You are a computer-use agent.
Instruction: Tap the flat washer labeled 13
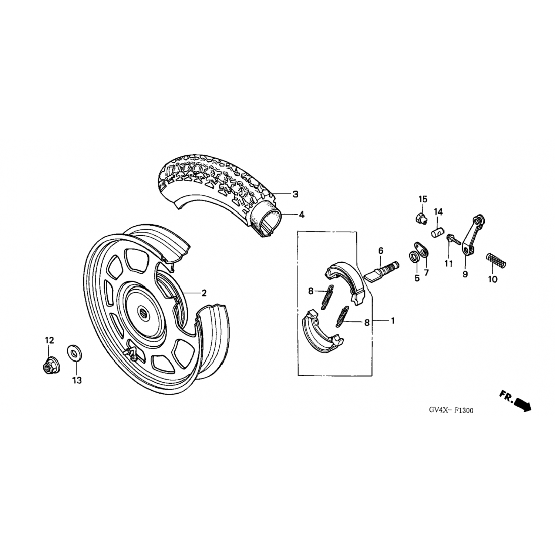[x=75, y=353]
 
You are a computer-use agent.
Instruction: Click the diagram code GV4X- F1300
[x=451, y=410]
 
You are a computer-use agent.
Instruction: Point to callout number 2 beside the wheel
[x=203, y=293]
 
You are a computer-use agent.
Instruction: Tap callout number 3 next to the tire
[x=295, y=194]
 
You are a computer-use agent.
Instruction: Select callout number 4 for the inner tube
[x=302, y=215]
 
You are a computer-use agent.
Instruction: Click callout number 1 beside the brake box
[x=393, y=321]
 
